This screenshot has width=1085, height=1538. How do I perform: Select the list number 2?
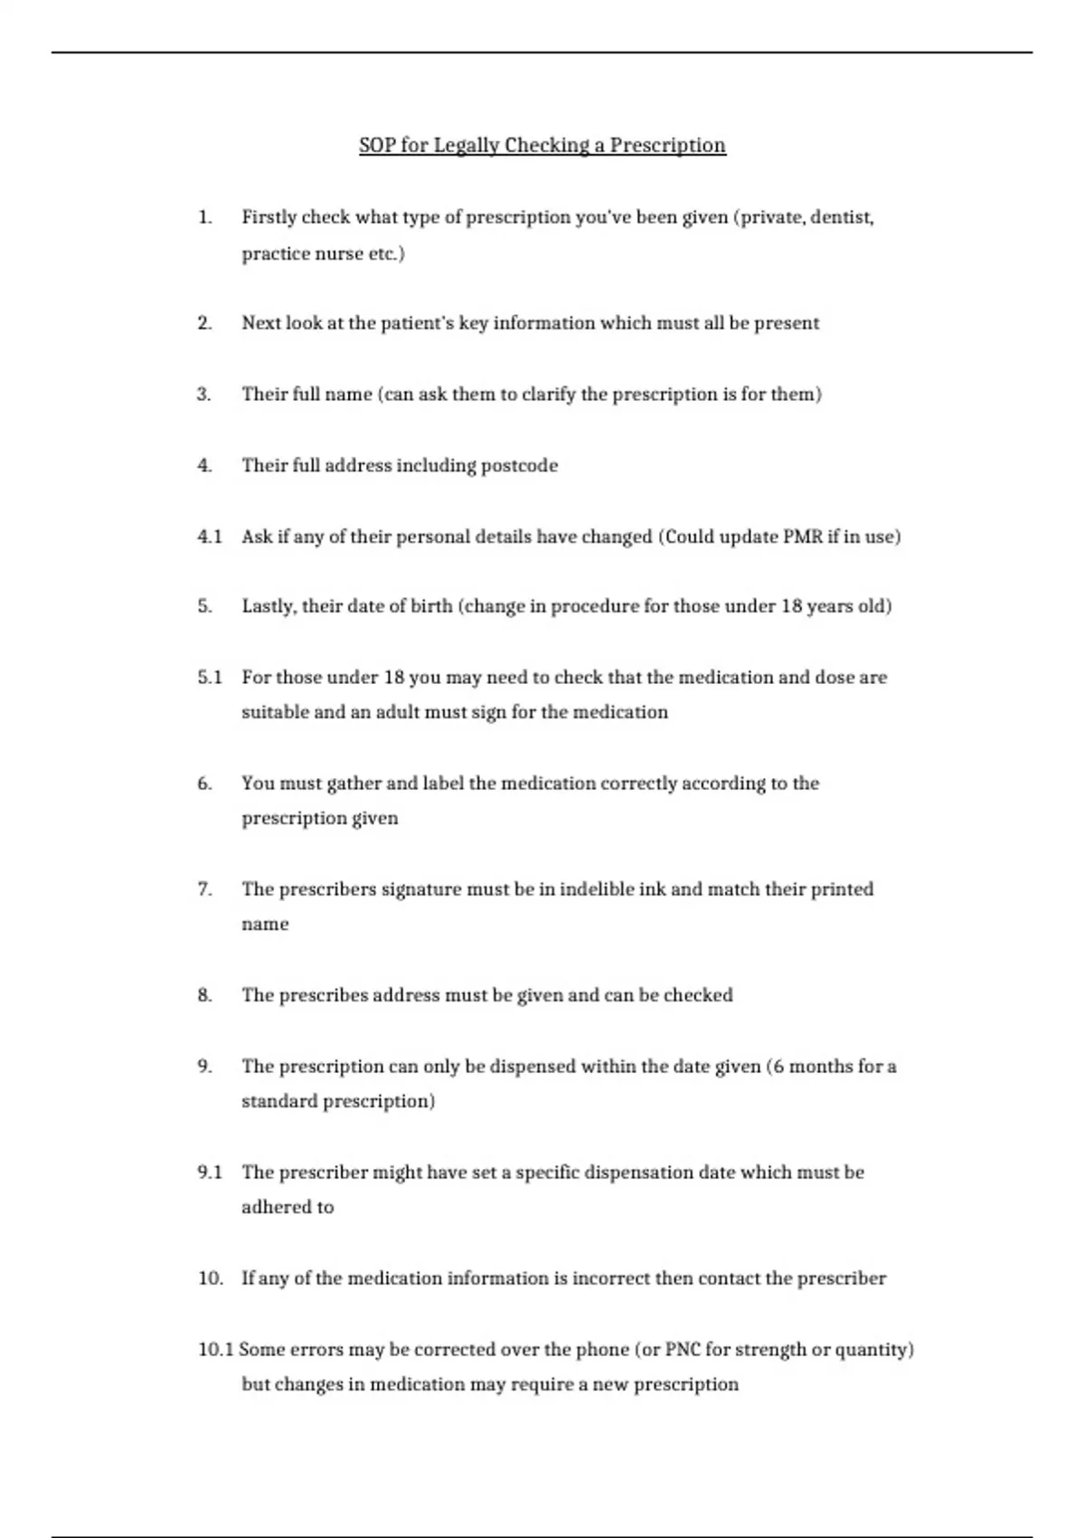(204, 323)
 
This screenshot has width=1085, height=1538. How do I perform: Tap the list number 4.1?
(209, 536)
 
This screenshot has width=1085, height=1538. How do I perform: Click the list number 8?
(204, 995)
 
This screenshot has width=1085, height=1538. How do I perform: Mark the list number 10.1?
(215, 1350)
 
